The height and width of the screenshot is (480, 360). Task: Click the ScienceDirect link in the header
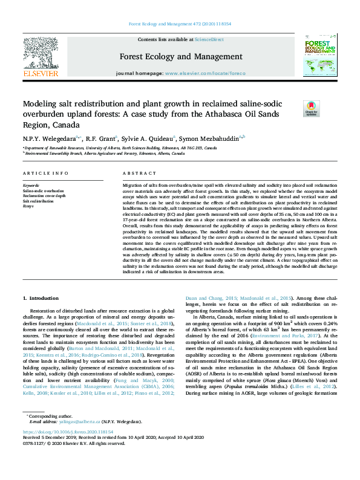(x=209, y=39)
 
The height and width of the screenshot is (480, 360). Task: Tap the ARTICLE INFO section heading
(x=45, y=174)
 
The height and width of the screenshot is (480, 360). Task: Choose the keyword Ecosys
(x=28, y=206)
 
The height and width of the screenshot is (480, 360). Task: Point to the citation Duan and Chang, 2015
(x=205, y=299)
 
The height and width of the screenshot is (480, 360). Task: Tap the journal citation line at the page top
(x=180, y=24)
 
